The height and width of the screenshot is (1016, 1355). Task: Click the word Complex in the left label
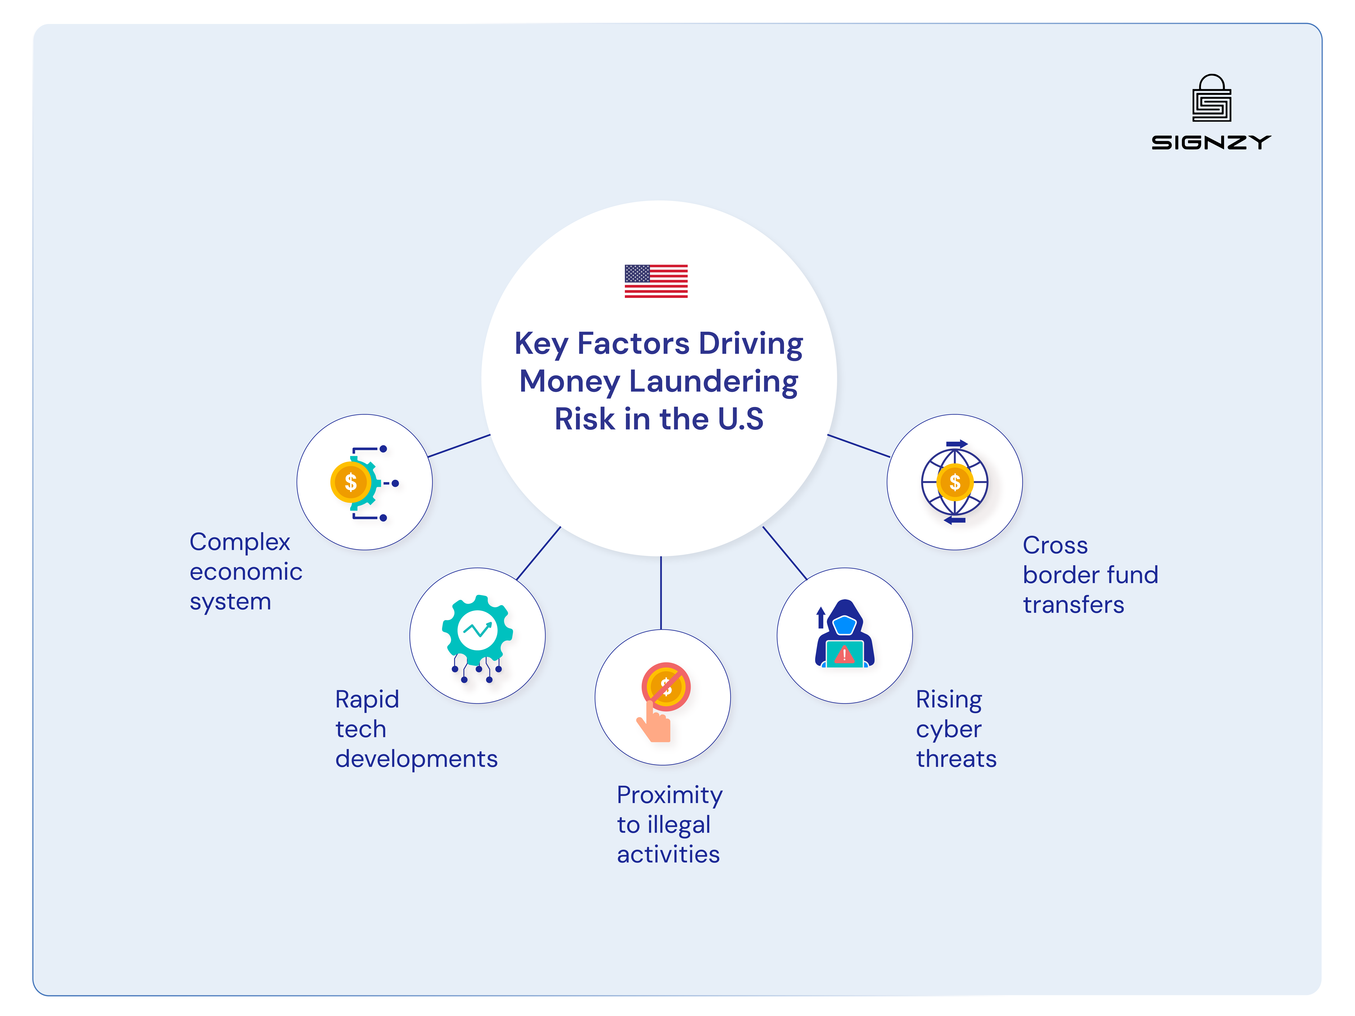click(x=240, y=542)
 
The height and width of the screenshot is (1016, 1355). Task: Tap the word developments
click(x=416, y=759)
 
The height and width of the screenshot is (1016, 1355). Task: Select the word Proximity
click(x=670, y=795)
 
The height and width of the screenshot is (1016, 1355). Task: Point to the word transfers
click(x=1073, y=605)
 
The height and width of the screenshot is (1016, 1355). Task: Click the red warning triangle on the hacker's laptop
click(x=844, y=655)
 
